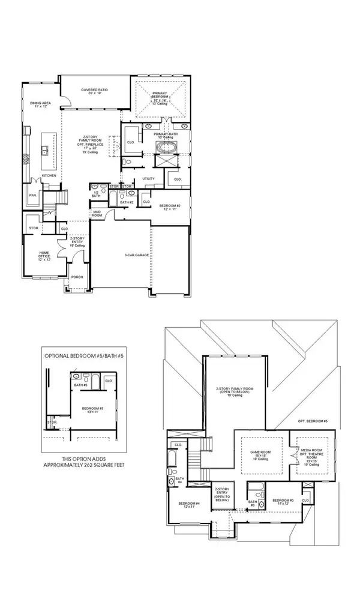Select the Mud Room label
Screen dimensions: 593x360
point(97,214)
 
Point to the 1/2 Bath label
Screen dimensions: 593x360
point(96,193)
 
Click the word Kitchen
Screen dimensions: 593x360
point(49,176)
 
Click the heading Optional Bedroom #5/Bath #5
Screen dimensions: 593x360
point(86,356)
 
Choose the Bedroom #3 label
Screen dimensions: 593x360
point(283,501)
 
